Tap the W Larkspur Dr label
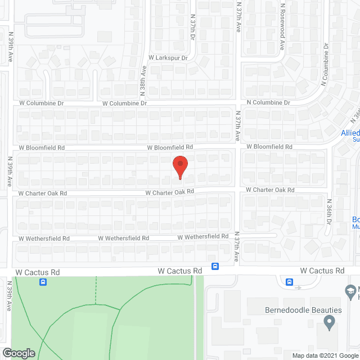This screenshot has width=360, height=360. (x=168, y=57)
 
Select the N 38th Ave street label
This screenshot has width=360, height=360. (x=143, y=80)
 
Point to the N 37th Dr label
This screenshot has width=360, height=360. (x=192, y=27)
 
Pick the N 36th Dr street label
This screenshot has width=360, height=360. (x=329, y=213)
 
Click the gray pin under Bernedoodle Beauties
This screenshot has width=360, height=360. (x=329, y=323)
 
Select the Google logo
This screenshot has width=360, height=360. (x=19, y=353)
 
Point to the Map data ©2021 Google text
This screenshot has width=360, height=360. (x=325, y=355)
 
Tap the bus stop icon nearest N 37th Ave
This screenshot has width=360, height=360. (x=215, y=266)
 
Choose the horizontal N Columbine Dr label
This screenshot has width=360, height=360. (x=268, y=103)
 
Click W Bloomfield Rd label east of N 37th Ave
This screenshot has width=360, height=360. (x=269, y=147)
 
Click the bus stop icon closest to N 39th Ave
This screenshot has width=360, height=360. (x=43, y=282)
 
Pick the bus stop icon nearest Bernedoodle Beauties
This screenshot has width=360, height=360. (x=289, y=282)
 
